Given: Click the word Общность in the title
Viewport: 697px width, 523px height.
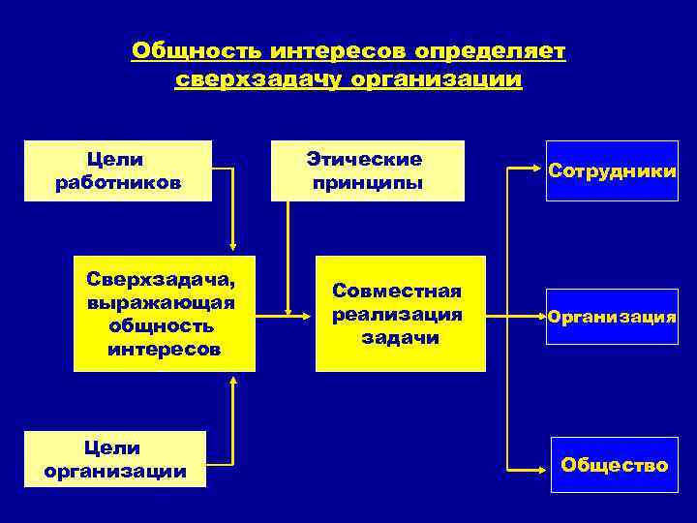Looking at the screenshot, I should point(197,49).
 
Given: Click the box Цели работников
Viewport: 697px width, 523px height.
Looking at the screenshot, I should point(117,170).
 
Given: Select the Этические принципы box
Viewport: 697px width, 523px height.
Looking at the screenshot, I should point(367,170).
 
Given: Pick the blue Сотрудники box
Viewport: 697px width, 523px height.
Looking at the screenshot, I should point(612,170).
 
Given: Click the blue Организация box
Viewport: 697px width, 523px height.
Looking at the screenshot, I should point(612,316).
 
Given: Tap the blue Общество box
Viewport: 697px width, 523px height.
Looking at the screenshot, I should point(612,466).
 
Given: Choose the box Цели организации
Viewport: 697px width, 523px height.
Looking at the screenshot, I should point(115,459).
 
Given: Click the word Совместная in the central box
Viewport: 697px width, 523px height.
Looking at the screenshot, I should point(398,292).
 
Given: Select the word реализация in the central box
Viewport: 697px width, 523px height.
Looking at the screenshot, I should point(398,315).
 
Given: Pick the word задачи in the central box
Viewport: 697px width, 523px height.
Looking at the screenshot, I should point(400,338).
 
